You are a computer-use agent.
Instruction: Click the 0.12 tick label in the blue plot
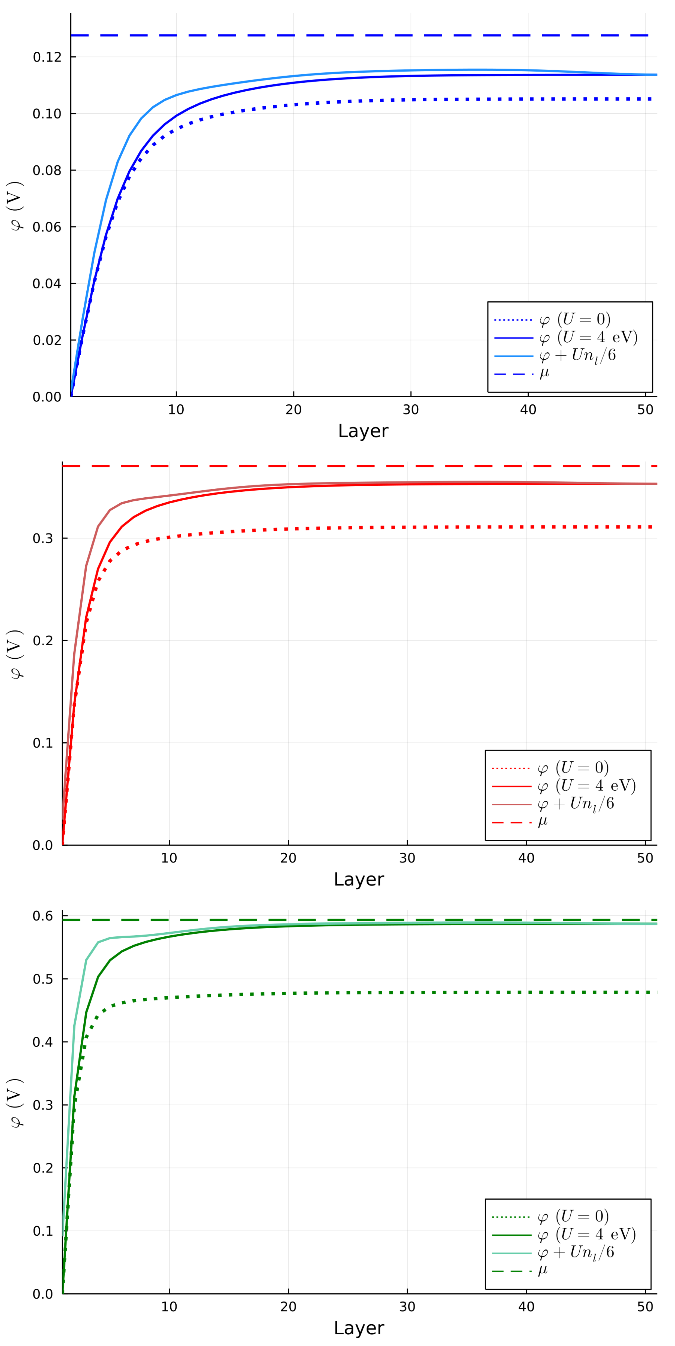[47, 57]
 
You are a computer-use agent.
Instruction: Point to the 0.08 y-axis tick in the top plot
[47, 170]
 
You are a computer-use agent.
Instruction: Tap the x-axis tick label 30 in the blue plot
[411, 410]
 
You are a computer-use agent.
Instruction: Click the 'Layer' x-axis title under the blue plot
[363, 431]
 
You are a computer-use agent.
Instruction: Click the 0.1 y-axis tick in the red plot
[43, 743]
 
